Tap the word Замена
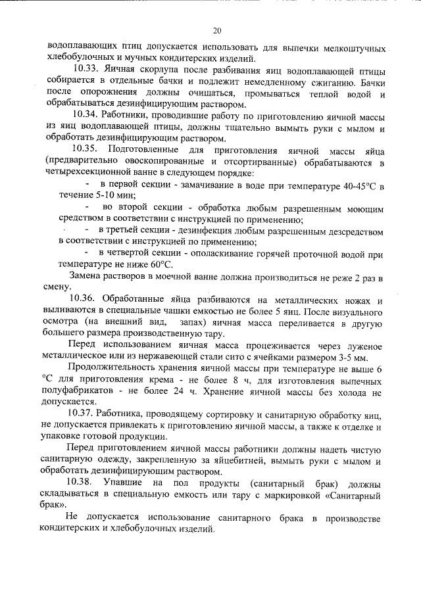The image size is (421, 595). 84,276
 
